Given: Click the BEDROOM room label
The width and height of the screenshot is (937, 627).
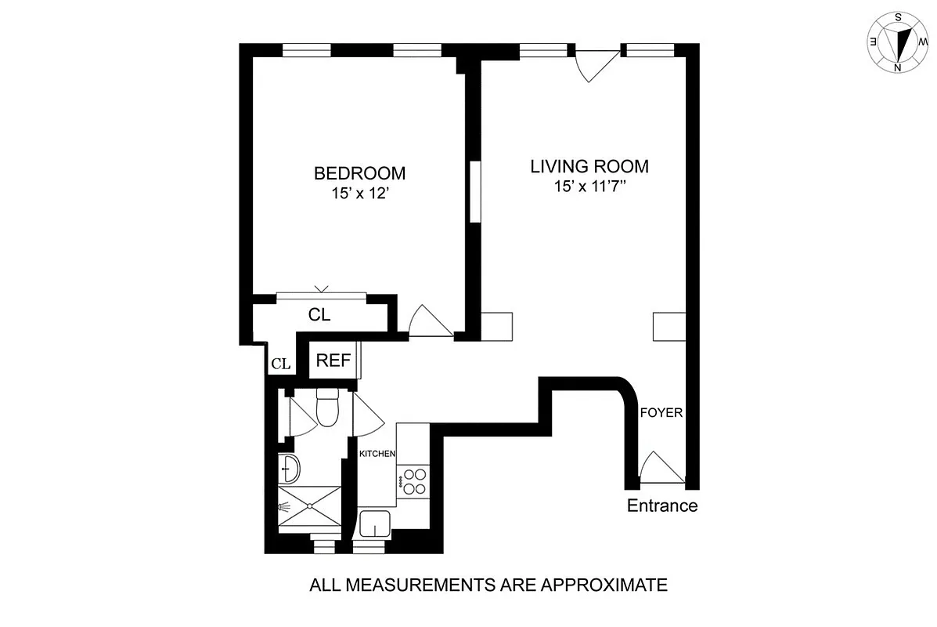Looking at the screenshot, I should point(359,173).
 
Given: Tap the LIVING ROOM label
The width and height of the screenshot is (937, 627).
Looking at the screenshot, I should point(589,167).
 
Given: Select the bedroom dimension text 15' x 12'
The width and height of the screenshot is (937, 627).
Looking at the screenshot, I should point(359,192).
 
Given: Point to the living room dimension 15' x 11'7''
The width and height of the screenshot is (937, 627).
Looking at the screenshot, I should point(589,187).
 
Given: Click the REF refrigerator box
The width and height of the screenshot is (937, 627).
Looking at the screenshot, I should point(333,361).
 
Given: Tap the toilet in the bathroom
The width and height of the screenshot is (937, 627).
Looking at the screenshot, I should point(327,408).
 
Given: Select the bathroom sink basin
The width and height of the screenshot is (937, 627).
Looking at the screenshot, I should point(290,469).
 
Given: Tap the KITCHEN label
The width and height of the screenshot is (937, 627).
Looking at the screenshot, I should point(377,454).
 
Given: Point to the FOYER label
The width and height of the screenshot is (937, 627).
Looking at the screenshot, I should point(661,412).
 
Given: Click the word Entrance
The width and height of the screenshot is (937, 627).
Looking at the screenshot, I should point(662,506).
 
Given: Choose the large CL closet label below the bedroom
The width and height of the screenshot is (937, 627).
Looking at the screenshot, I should point(319,315).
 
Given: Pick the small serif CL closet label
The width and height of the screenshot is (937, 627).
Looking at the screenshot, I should point(281,364).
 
